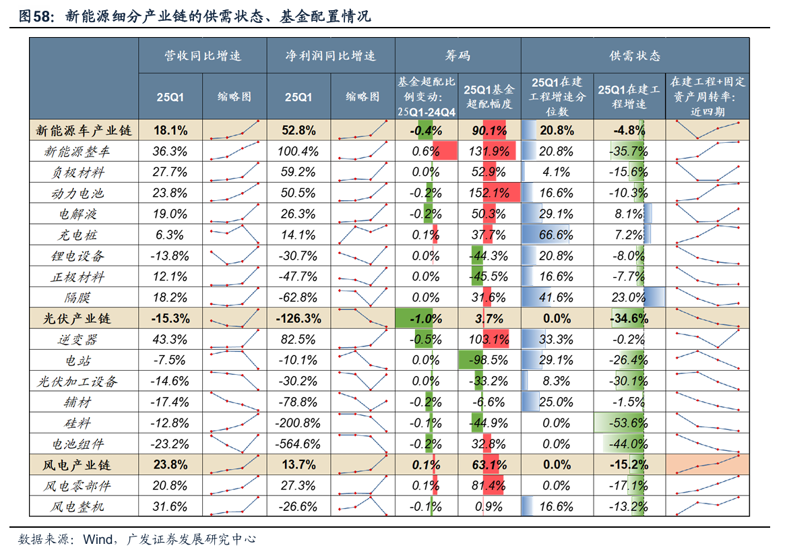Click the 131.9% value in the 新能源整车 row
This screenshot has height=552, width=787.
click(489, 152)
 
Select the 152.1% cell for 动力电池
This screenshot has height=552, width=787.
click(489, 193)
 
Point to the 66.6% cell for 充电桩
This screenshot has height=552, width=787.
click(556, 235)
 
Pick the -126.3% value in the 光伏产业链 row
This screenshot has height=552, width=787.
click(298, 319)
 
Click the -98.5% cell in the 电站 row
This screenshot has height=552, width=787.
click(489, 361)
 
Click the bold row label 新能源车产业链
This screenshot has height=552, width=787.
click(83, 131)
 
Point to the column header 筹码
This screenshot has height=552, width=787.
click(458, 56)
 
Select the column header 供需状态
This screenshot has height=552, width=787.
click(634, 56)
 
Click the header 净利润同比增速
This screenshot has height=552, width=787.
click(330, 56)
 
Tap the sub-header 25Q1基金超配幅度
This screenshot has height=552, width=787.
click(489, 96)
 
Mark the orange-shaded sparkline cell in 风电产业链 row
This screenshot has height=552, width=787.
click(707, 465)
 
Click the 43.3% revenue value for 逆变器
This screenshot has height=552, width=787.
click(170, 340)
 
